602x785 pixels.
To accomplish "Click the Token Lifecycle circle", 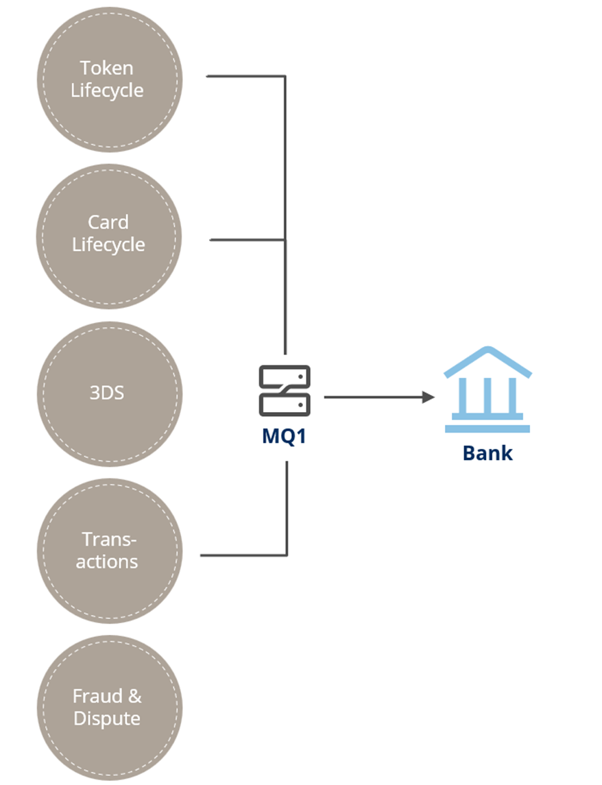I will [109, 80].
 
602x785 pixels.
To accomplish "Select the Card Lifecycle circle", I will [109, 237].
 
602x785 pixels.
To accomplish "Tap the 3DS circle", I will [109, 394].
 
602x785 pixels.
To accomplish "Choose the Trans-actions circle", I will [109, 551].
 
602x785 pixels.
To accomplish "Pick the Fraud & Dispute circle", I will [109, 708].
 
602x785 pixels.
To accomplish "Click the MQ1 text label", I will [284, 437].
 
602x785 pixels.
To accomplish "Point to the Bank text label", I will [487, 453].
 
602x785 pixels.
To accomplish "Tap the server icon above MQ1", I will [285, 391].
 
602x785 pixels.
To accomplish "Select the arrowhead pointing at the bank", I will [429, 397].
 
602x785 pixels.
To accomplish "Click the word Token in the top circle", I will [106, 69].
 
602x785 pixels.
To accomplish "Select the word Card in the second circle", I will [108, 223].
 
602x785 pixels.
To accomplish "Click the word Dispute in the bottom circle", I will [107, 719].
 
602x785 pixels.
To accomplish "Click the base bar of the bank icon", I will [487, 429].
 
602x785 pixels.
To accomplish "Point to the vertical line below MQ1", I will [287, 507].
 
